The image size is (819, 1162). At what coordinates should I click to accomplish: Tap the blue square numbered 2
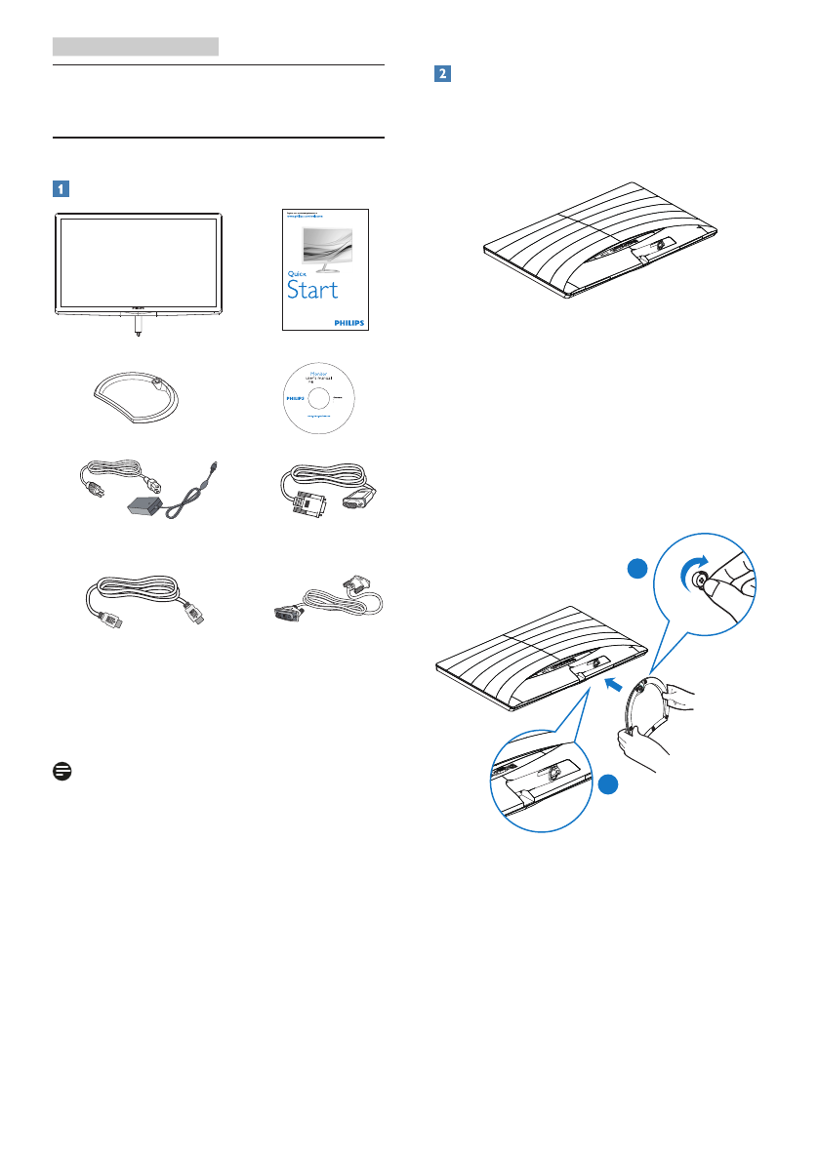(441, 74)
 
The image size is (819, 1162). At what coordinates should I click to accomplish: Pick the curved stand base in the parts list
(138, 398)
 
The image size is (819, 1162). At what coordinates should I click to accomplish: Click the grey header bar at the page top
(136, 46)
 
